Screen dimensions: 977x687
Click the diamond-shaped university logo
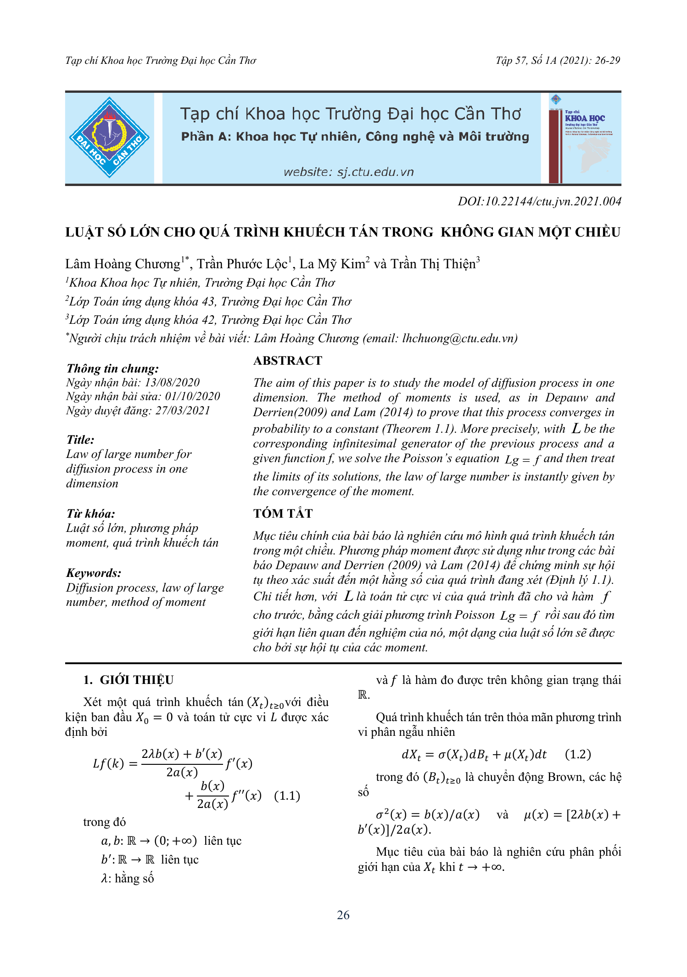click(109, 137)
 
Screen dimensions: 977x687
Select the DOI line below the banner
click(539, 201)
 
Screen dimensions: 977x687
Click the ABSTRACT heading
click(288, 361)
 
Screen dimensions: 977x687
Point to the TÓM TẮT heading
click(283, 514)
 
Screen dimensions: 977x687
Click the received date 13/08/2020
click(172, 383)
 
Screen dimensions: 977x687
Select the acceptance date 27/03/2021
click(182, 411)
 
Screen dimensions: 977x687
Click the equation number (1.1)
click(287, 796)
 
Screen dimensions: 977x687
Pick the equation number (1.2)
click(578, 754)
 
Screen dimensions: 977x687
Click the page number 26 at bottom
click(343, 915)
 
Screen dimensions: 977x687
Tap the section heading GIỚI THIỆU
click(136, 680)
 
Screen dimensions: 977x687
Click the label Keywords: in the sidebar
click(94, 573)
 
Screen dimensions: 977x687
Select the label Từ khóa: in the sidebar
click(90, 514)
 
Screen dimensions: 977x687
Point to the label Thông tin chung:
click(112, 368)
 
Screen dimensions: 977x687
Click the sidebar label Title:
click(80, 440)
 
